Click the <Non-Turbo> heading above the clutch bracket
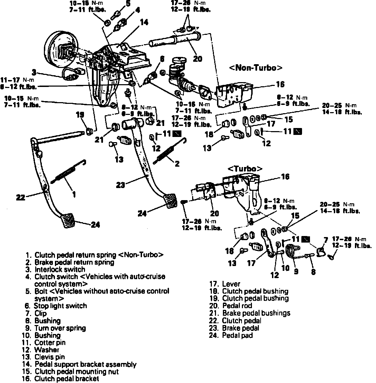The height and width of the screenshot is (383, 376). point(255,68)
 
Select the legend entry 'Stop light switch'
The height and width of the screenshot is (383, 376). point(60,306)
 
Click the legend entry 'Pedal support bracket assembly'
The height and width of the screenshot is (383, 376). point(85,364)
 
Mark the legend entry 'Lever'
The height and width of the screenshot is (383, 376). point(231,284)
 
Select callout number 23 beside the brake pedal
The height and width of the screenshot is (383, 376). point(121,185)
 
